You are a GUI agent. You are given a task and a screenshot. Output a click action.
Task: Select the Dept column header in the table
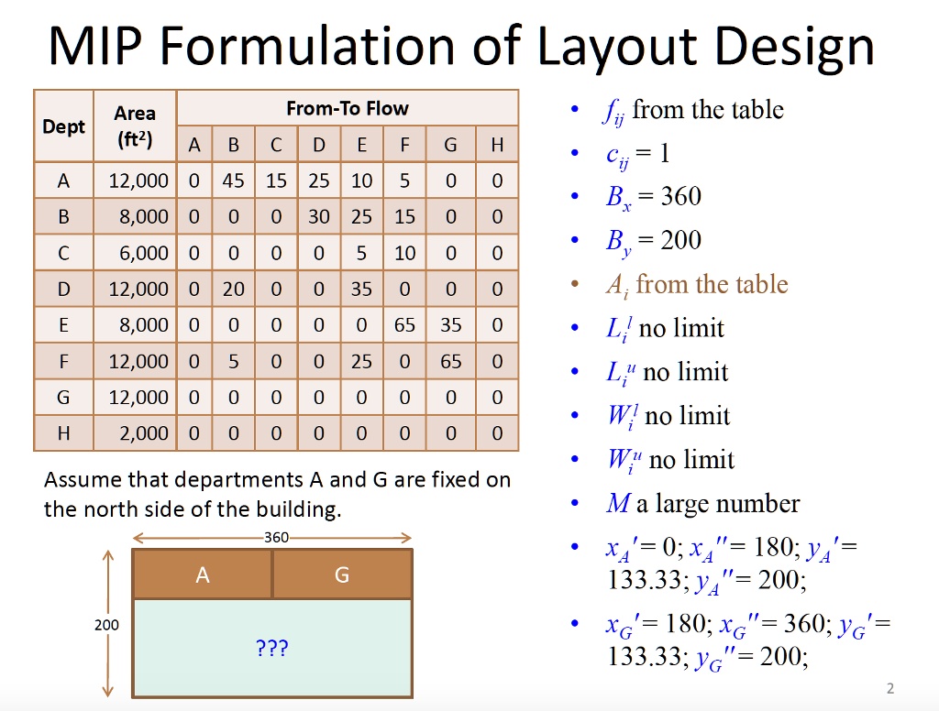(63, 126)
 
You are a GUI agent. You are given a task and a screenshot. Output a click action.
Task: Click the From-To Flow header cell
(348, 108)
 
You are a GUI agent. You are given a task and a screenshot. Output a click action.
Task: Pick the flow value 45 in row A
(233, 180)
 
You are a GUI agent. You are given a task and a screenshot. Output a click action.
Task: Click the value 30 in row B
(319, 216)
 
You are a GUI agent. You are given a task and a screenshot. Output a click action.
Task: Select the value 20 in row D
(233, 289)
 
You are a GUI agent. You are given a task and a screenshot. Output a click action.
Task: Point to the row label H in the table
(63, 433)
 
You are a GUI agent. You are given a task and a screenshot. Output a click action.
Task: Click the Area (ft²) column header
(134, 126)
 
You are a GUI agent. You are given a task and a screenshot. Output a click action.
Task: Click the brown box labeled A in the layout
(202, 574)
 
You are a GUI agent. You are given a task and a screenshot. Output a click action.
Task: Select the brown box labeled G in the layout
(342, 574)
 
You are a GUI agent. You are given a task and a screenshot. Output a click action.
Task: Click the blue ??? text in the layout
(272, 649)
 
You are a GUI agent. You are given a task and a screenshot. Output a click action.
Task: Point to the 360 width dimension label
(276, 538)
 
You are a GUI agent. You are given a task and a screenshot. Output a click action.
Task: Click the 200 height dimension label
(106, 625)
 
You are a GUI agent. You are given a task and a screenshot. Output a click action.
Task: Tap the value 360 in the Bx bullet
(680, 197)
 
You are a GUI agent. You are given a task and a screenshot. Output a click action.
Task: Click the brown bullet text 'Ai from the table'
(696, 284)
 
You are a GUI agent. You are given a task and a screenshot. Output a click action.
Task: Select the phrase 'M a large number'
(702, 503)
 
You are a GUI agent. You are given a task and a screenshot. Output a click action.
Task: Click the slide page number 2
(889, 688)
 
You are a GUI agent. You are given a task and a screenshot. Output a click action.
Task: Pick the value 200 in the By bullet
(680, 241)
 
